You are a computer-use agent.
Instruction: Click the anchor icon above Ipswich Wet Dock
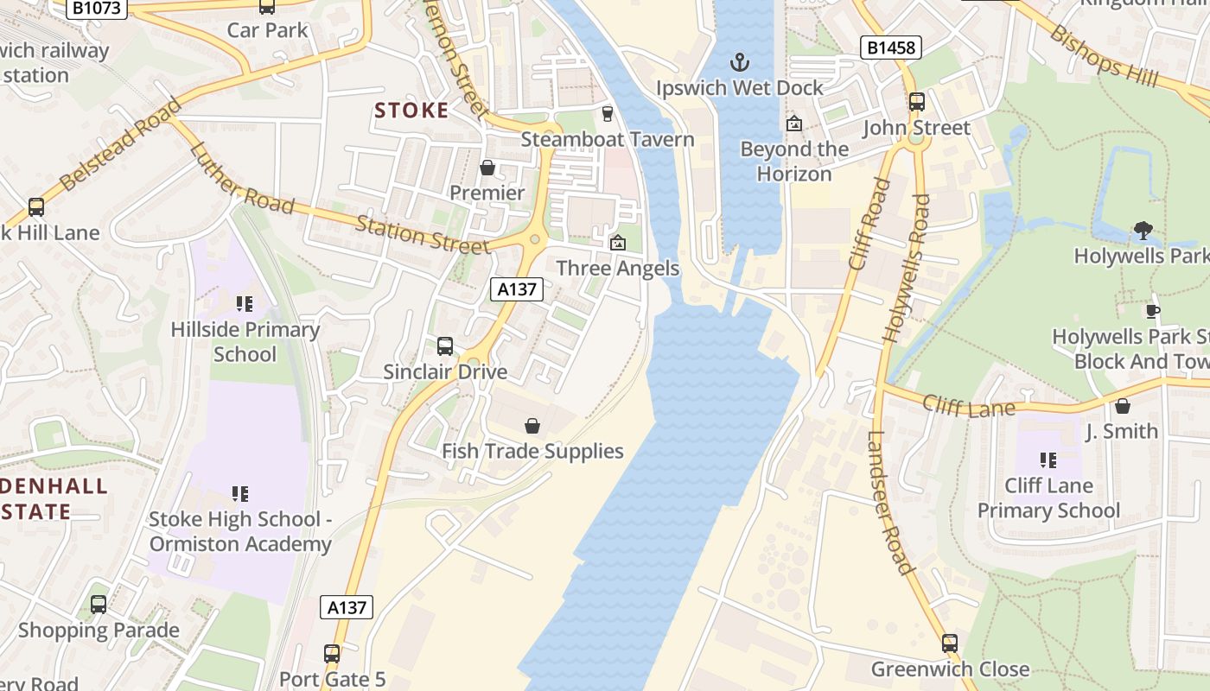coord(739,61)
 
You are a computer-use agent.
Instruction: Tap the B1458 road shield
coord(890,48)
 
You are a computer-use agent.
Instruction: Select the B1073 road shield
coord(99,8)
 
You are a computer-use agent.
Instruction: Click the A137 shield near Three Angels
coord(517,289)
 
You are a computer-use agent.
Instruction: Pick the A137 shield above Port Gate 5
coord(347,607)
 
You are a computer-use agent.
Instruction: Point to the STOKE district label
coord(411,111)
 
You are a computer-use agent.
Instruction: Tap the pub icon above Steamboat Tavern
coord(607,114)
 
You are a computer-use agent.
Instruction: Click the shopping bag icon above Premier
coord(487,168)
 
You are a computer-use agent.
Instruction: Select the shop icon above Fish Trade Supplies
coord(532,426)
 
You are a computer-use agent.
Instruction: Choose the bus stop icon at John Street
coord(917,102)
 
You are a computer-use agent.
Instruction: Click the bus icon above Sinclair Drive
coord(445,346)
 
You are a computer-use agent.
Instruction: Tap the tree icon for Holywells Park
coord(1143,231)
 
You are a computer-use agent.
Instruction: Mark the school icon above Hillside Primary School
coord(245,304)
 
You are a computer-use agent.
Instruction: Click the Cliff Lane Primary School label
coord(1048,498)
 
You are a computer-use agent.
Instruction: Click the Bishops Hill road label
coord(1105,55)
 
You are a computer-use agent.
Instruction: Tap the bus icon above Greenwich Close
coord(950,643)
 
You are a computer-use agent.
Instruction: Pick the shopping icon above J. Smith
coord(1122,406)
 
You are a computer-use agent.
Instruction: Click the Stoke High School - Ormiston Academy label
coord(240,531)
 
